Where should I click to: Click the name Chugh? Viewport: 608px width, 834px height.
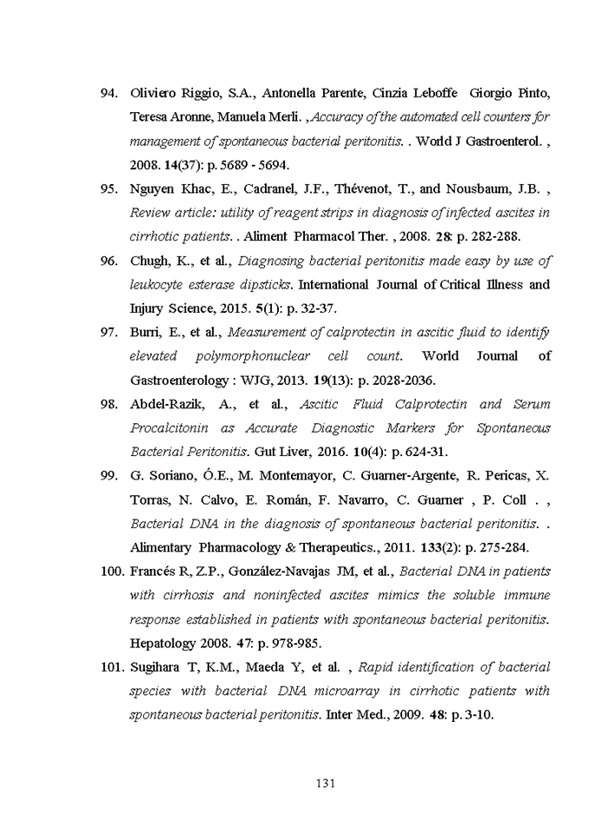149,261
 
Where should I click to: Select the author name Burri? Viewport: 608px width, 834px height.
147,332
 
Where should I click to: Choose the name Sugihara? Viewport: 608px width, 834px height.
157,667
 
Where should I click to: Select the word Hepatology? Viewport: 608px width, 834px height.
162,644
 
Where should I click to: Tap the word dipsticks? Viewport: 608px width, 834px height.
264,285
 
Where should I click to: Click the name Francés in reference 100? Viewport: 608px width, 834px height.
155,572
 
